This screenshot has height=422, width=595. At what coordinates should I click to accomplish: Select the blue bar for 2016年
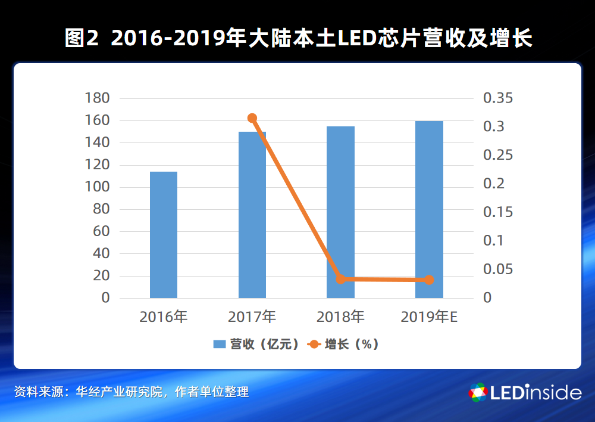pos(164,235)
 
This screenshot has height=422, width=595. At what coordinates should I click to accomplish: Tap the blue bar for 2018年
pos(340,212)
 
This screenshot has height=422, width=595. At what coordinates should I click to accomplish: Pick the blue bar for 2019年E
pos(429,209)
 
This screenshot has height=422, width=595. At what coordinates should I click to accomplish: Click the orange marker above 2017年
pos(252,118)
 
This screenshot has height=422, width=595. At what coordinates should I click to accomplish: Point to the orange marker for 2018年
pos(340,279)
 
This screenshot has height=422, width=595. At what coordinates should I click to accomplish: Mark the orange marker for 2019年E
pos(429,280)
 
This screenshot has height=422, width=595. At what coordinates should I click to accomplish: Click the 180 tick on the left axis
pos(98,98)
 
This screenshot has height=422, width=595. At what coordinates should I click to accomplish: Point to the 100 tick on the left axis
pos(98,187)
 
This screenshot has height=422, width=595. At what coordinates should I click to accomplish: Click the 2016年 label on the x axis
pos(164,317)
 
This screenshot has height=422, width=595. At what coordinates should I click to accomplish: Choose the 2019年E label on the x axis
pos(429,317)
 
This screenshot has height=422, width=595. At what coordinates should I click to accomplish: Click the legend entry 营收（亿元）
pos(256,344)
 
